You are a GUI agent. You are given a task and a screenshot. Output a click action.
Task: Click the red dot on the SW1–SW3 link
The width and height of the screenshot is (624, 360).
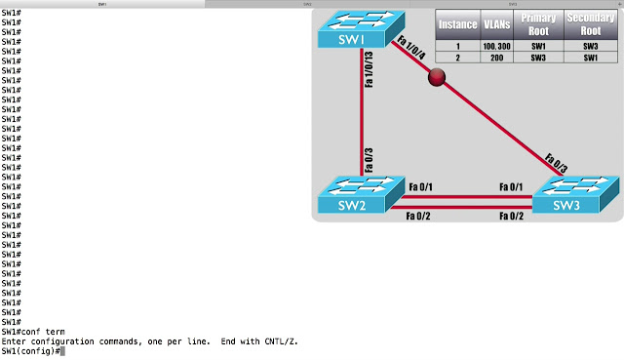pos(437,79)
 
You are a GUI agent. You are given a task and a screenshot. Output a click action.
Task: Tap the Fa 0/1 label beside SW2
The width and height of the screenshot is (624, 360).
pos(421,186)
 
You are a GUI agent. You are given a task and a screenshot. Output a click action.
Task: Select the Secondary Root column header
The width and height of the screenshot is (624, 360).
pos(594,24)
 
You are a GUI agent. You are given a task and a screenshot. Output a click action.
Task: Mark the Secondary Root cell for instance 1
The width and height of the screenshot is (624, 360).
pos(594,46)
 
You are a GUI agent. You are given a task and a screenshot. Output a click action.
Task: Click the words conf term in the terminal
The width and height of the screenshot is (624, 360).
pos(41,332)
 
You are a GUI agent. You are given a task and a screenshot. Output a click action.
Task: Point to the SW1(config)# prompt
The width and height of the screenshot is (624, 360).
pos(30,350)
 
